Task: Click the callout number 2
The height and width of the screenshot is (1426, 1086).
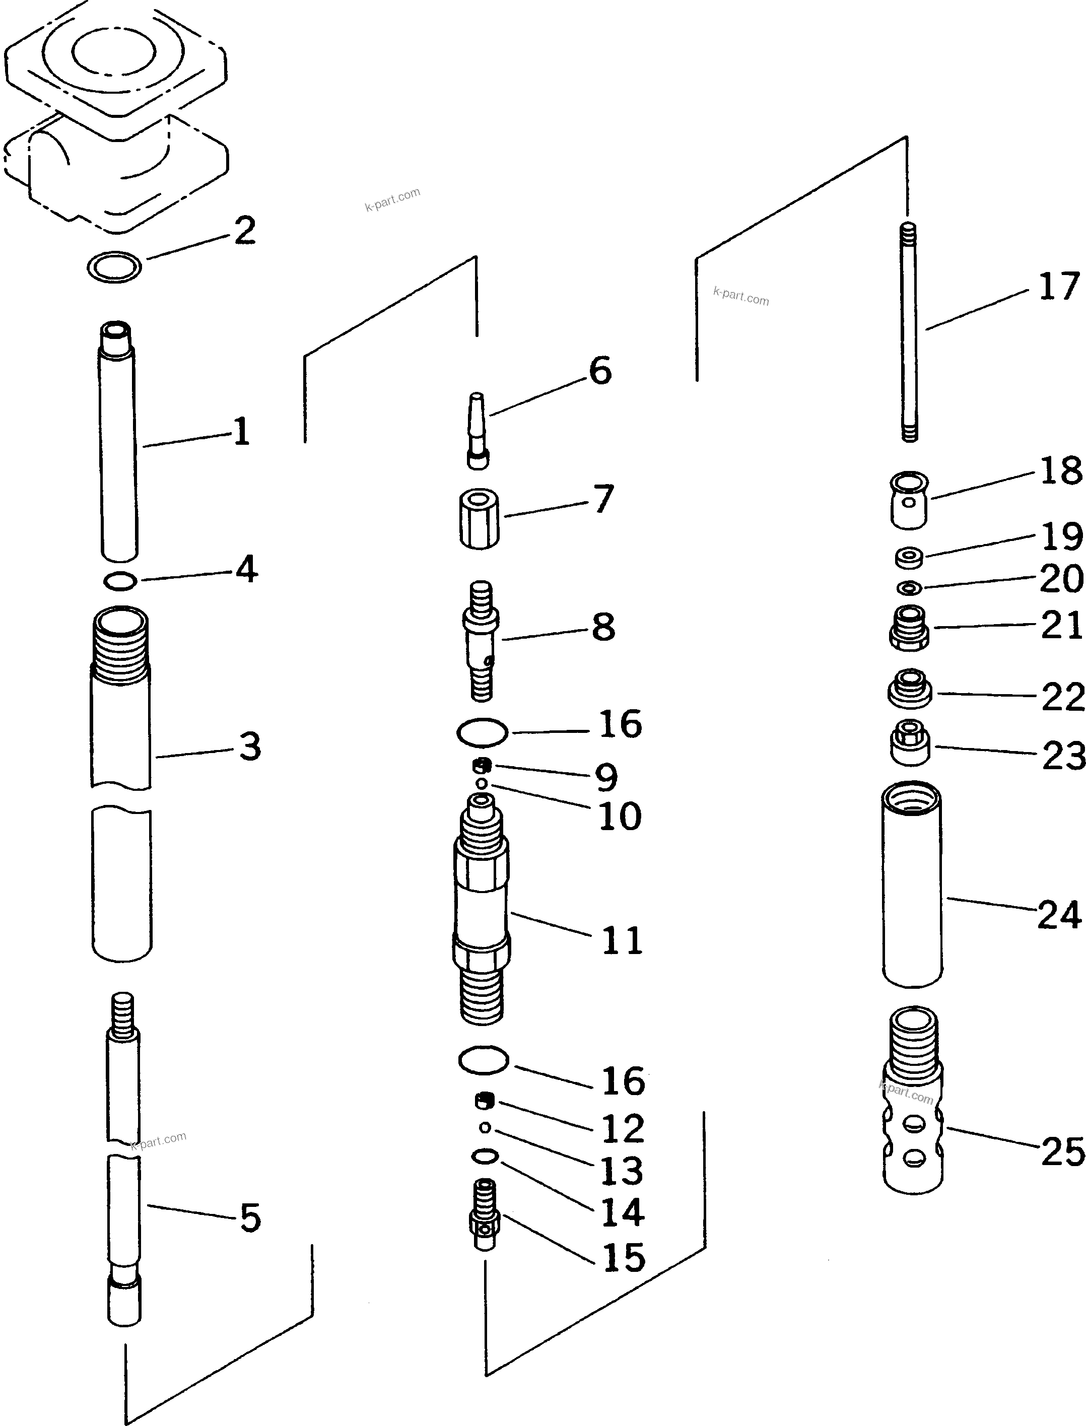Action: [x=244, y=230]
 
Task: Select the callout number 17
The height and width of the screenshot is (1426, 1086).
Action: [x=1059, y=287]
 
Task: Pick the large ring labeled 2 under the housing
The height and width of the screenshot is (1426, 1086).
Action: [x=115, y=266]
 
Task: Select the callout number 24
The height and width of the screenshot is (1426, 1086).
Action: [x=1059, y=915]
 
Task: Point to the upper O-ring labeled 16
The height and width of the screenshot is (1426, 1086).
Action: [x=482, y=732]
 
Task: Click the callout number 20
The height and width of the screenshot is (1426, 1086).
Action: [x=1061, y=579]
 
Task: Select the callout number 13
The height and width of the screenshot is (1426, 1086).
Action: [x=622, y=1170]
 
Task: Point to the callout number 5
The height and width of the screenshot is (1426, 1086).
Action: [x=250, y=1218]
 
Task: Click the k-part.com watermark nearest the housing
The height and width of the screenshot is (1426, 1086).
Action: [x=392, y=200]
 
